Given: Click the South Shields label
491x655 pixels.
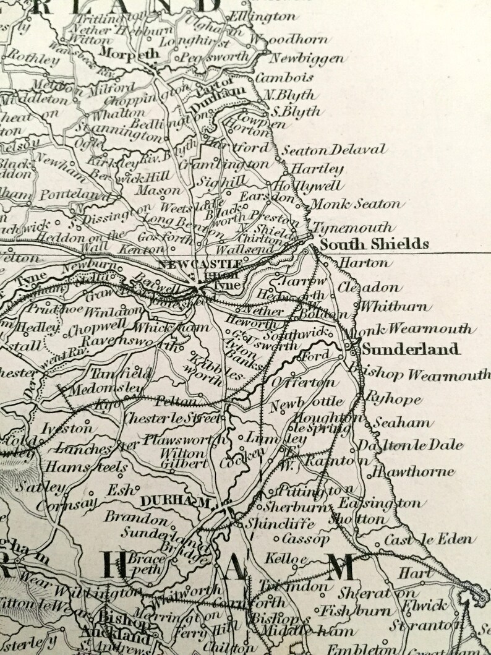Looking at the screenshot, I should pos(374,244).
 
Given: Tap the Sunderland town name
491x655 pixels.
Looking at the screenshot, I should pos(411,349).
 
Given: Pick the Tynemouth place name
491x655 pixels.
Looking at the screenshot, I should pos(351,227).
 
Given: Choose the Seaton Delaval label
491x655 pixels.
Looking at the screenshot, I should pos(333,149).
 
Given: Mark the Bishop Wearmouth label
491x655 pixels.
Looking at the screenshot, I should pos(420,375).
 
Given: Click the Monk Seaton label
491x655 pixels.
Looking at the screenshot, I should pos(356,203).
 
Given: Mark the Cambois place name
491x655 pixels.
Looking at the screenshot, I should pos(290,78).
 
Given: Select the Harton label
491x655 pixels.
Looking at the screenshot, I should pos(365,263).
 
